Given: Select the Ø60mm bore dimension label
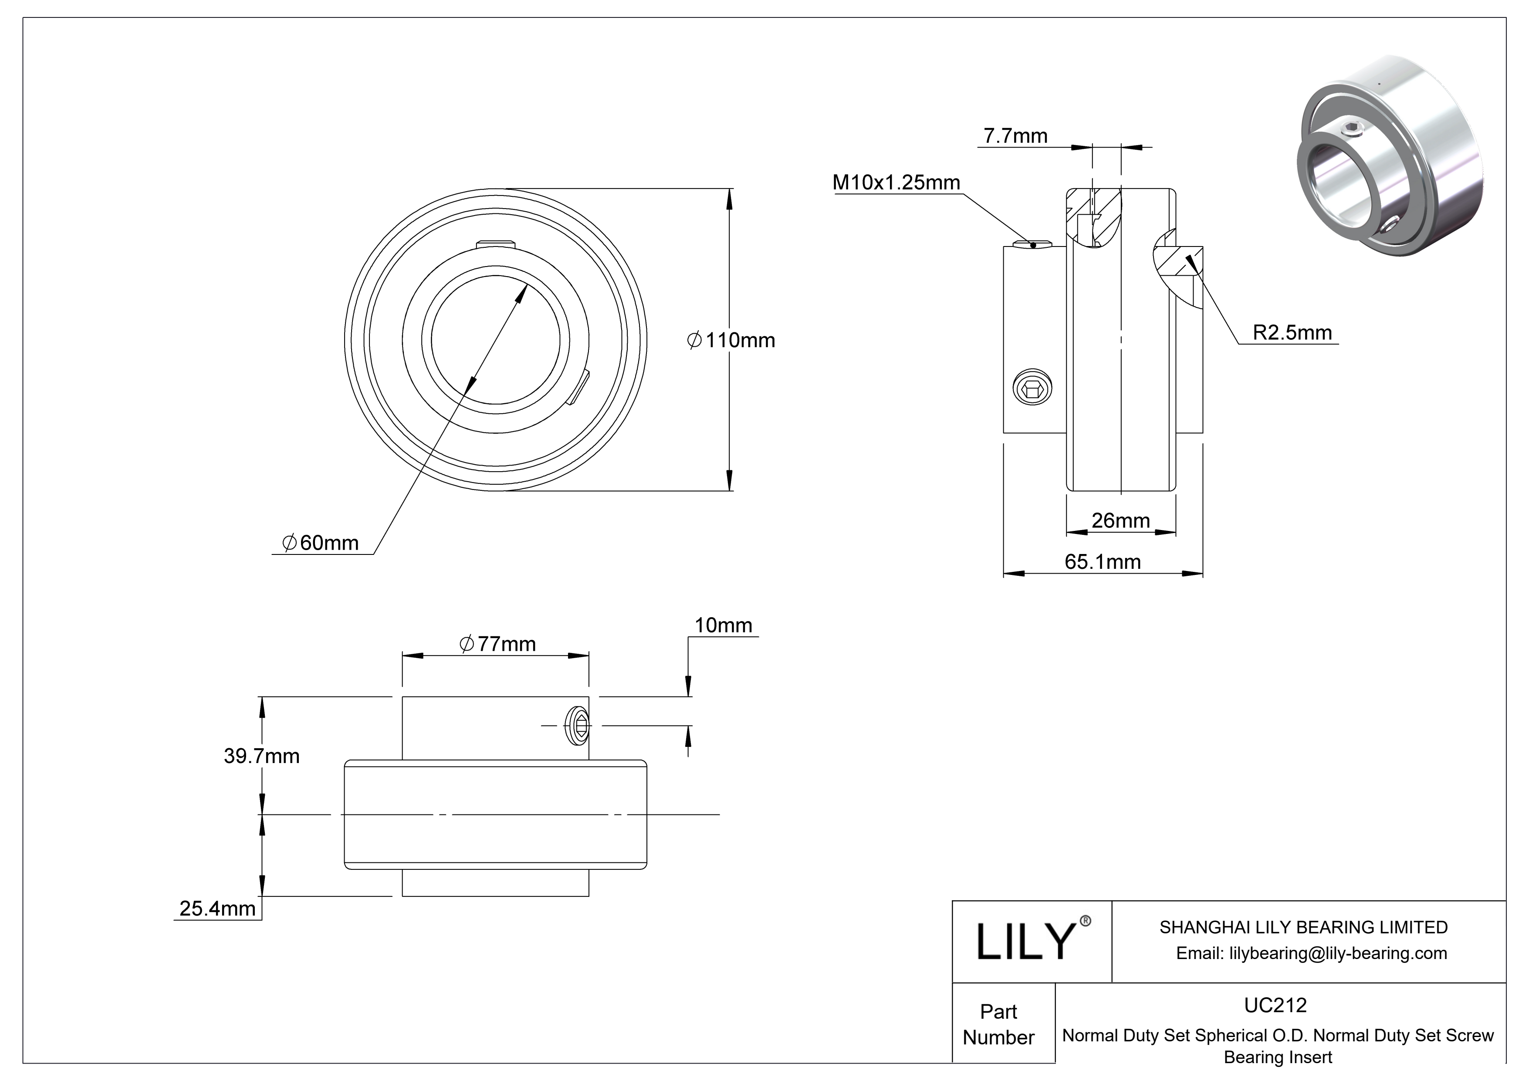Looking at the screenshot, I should (x=321, y=543).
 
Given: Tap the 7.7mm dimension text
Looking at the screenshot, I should (x=1015, y=136).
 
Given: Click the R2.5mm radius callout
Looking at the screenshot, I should (x=1292, y=332).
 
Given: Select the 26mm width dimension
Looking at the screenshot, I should (x=1121, y=520).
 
